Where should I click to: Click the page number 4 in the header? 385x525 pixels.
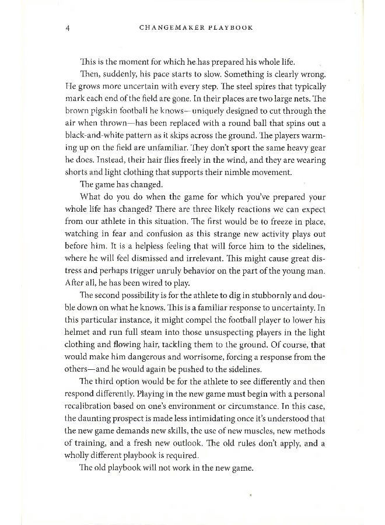[x=68, y=27]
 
